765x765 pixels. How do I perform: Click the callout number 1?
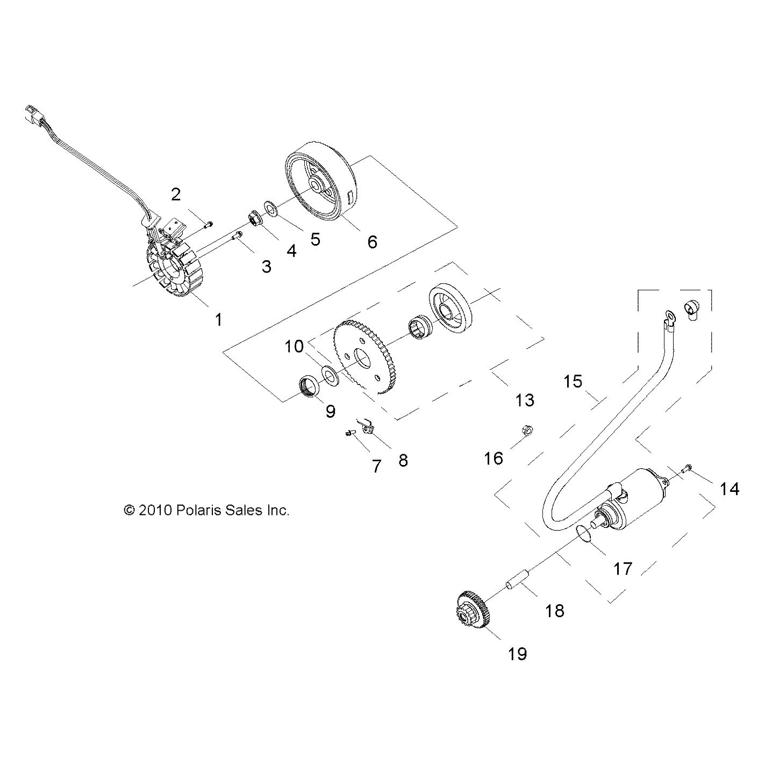[219, 319]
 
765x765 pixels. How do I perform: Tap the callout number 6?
[372, 242]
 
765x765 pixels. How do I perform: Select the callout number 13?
[525, 400]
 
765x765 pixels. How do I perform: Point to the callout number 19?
[517, 653]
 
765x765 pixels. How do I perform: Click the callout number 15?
[573, 381]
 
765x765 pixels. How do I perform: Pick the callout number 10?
[294, 347]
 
